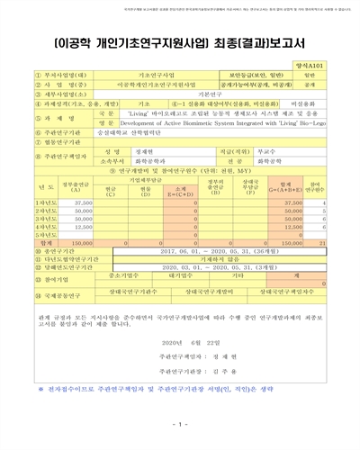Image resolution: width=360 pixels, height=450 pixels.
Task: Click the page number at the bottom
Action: tap(179, 424)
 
